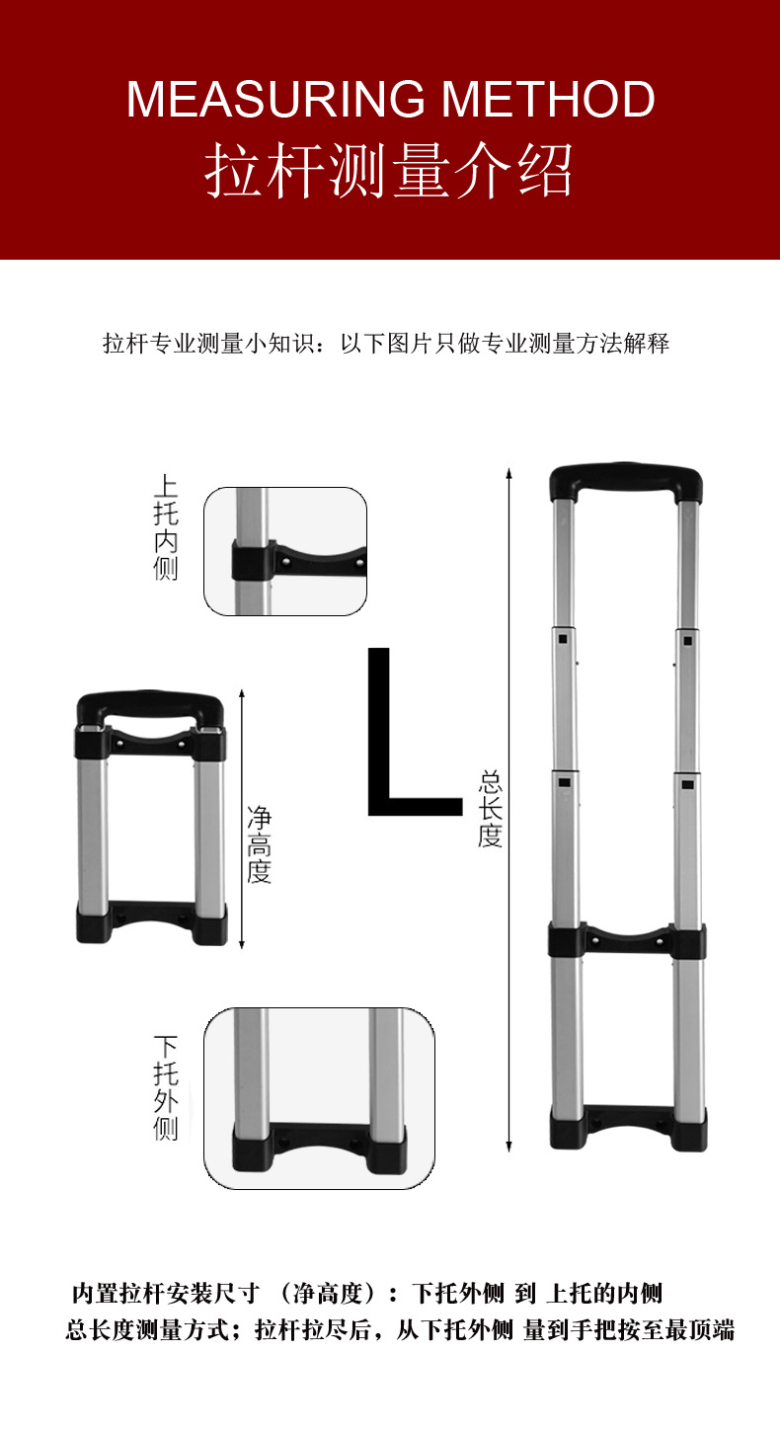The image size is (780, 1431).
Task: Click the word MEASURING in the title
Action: (277, 99)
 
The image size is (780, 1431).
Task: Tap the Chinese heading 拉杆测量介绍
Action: (389, 171)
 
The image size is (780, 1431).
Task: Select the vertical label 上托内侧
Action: (166, 528)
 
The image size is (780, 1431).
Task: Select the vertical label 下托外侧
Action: (166, 1087)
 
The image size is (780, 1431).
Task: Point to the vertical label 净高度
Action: (259, 843)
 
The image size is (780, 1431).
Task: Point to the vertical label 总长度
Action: (491, 809)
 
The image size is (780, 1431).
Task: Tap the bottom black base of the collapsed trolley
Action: (151, 920)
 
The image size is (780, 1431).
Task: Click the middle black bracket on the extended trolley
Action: (627, 939)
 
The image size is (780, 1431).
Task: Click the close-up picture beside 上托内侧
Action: (285, 550)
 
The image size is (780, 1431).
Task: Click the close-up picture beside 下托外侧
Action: (319, 1097)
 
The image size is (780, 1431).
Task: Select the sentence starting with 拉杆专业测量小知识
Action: (387, 344)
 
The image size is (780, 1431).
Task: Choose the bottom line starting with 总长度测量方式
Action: (400, 1330)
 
